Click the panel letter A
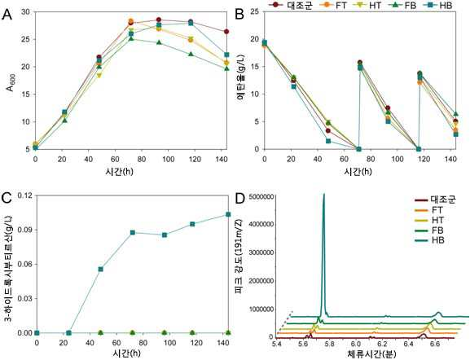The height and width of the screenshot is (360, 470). click(7, 15)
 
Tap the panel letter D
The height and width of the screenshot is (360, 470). click(241, 199)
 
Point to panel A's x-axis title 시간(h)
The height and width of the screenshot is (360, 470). click(119, 172)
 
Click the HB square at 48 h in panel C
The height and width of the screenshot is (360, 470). click(101, 269)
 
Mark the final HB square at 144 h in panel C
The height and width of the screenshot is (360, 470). click(228, 214)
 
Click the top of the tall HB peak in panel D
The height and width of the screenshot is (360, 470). click(323, 195)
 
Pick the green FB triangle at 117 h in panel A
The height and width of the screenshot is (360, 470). click(191, 55)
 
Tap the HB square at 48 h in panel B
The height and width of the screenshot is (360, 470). click(328, 141)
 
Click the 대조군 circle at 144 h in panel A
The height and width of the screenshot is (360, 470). click(226, 32)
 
